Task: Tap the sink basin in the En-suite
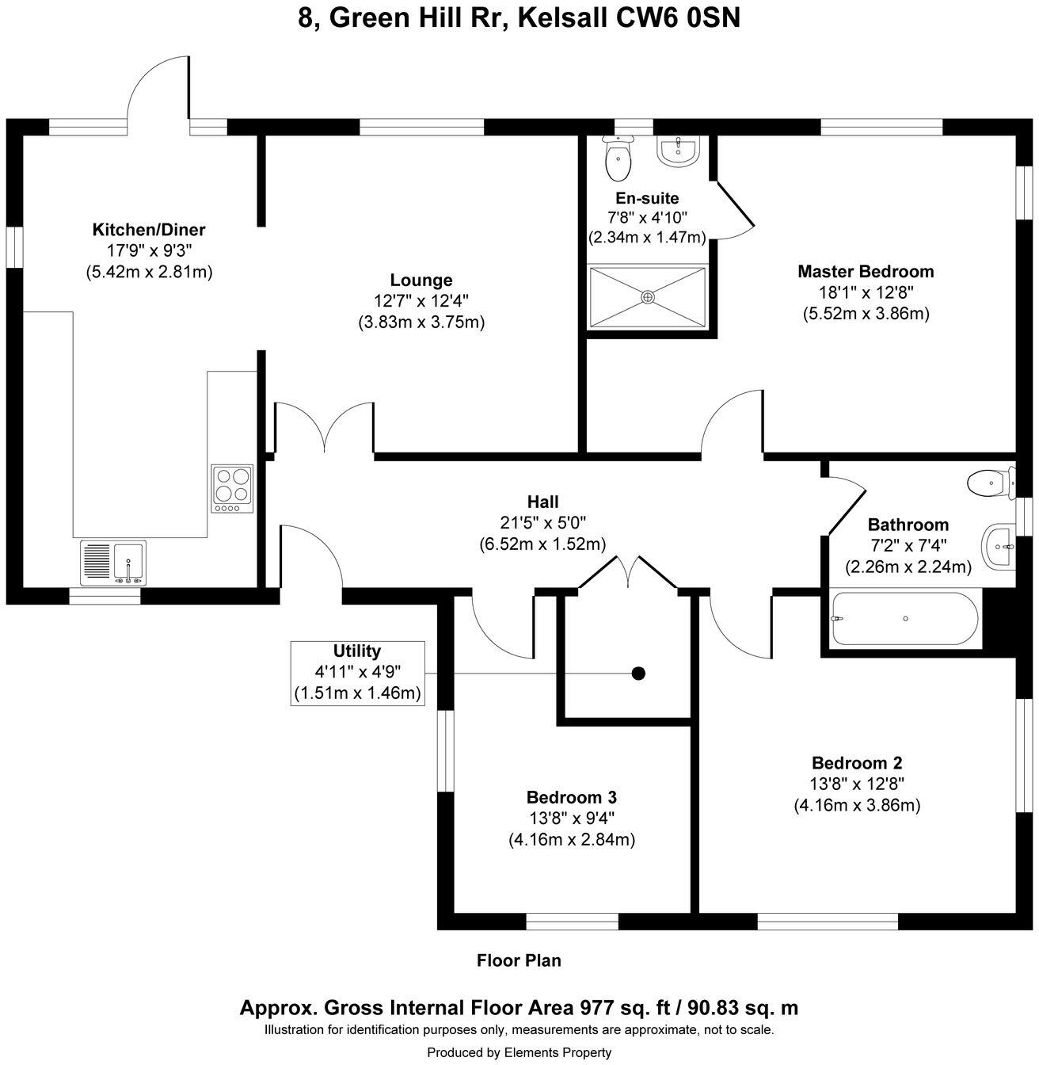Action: pos(678,150)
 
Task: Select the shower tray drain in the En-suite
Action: pos(648,296)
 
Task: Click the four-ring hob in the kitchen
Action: pos(232,488)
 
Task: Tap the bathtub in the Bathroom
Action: pos(904,618)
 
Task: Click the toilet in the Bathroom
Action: pos(991,482)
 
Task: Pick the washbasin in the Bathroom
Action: pos(999,547)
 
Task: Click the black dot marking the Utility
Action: pos(638,674)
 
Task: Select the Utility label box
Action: pos(357,673)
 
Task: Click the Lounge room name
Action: pos(421,280)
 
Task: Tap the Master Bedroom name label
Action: pos(866,272)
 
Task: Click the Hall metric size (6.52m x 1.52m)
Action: pos(542,544)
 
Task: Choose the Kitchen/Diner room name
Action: pos(149,231)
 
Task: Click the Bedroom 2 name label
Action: pos(857,763)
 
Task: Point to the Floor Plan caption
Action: pos(519,961)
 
